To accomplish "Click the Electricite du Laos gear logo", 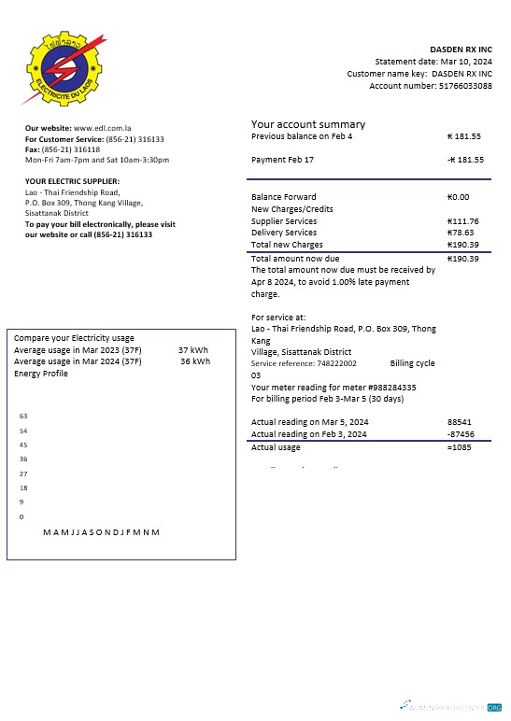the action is tap(60, 68).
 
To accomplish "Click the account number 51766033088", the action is tap(463, 85).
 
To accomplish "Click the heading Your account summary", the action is tap(308, 124).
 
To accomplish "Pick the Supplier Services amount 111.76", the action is tap(463, 221).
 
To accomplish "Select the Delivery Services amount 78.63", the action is tap(461, 233).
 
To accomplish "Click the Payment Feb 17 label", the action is tap(282, 160).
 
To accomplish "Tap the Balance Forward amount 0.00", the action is tap(459, 197).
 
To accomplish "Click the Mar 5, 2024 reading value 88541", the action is tap(460, 422).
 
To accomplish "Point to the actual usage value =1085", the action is tap(460, 447).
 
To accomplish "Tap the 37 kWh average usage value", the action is tap(193, 350).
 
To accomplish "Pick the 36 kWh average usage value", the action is tap(194, 361).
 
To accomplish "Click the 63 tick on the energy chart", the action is tap(23, 416).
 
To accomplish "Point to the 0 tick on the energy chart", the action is tap(21, 516).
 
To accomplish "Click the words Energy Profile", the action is tap(41, 374).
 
